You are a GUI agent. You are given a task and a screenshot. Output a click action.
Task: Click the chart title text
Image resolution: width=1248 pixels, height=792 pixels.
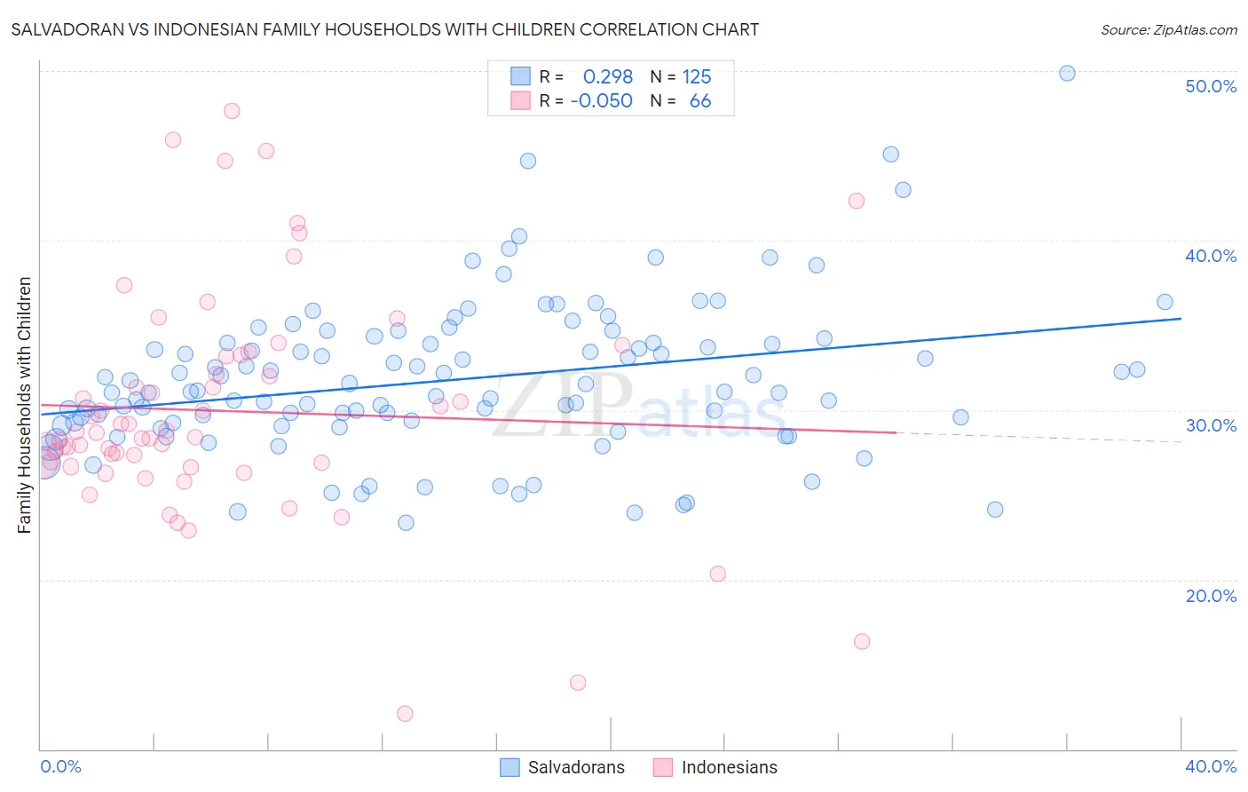coord(384,29)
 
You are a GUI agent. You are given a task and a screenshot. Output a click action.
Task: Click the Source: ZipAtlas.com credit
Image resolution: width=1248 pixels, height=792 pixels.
coord(1168,29)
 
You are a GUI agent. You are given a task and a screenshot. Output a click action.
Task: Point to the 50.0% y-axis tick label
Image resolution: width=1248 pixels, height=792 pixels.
coord(1210,86)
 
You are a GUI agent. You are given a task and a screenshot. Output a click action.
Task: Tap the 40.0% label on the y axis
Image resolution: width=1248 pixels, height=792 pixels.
coord(1210,256)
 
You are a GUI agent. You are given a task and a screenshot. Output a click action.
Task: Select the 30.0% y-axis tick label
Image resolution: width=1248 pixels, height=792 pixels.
coord(1210,425)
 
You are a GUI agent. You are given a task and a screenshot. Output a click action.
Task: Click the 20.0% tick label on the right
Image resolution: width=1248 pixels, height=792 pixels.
coord(1210,596)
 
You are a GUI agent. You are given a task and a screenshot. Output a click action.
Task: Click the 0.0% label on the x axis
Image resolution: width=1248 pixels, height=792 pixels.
coord(60,766)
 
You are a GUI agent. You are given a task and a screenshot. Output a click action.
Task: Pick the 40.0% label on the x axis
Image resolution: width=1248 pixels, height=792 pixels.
coord(1210,766)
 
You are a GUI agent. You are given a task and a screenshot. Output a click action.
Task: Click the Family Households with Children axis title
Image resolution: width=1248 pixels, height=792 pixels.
coord(24,405)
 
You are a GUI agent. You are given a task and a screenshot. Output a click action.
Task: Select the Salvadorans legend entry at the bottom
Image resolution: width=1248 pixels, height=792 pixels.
coord(562,767)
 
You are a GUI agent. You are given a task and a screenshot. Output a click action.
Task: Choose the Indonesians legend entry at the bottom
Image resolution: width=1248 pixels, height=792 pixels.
coord(715,767)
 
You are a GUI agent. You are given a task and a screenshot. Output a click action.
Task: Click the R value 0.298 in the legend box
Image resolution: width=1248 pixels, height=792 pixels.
coord(607,76)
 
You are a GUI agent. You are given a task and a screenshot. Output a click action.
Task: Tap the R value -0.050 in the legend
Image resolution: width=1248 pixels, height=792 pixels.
coord(601,101)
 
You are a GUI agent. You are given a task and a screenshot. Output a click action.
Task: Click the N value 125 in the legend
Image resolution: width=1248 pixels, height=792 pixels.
coord(697,76)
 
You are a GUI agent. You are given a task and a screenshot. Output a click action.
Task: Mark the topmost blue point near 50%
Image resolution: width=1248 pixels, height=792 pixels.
coord(1067,73)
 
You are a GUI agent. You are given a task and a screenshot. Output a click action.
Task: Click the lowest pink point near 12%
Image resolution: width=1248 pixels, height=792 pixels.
coord(405,714)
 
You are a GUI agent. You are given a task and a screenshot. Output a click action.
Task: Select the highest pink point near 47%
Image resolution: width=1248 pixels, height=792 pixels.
coord(232,111)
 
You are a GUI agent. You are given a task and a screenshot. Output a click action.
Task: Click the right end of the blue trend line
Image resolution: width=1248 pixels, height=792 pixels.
coord(1181,318)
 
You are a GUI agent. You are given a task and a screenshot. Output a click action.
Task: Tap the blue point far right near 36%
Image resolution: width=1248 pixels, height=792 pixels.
coord(1165,302)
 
